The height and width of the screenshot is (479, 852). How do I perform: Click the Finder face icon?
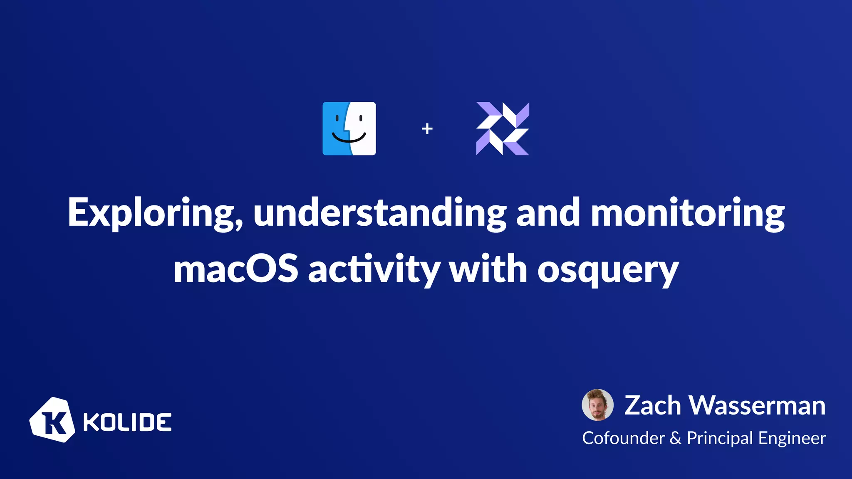tap(349, 128)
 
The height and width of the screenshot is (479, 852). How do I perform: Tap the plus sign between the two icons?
tap(427, 129)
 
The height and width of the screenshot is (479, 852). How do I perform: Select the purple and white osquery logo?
tap(503, 128)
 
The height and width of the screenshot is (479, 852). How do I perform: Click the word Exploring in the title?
tap(155, 213)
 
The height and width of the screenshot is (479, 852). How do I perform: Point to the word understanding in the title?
tap(379, 213)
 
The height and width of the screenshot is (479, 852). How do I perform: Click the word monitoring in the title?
tap(687, 213)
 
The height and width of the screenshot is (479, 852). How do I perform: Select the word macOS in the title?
tap(236, 269)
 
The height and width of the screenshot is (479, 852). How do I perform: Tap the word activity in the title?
tap(374, 269)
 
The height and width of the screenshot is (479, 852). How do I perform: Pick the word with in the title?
tap(488, 269)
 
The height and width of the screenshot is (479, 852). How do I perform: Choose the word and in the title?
tap(548, 213)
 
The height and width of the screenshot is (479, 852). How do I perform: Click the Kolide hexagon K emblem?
tap(52, 420)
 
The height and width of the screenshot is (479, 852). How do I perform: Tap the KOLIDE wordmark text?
tap(127, 422)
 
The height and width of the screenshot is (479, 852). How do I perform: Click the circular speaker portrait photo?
tap(597, 405)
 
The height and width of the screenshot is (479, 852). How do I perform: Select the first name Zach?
tap(652, 405)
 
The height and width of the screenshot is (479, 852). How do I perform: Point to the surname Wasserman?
tap(757, 405)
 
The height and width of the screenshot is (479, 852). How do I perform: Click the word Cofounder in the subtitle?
tap(623, 438)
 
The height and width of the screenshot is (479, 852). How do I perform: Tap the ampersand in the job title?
tap(676, 438)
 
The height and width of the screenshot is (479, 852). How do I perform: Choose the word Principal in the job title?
tap(719, 438)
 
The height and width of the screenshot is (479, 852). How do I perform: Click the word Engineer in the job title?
tap(792, 438)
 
